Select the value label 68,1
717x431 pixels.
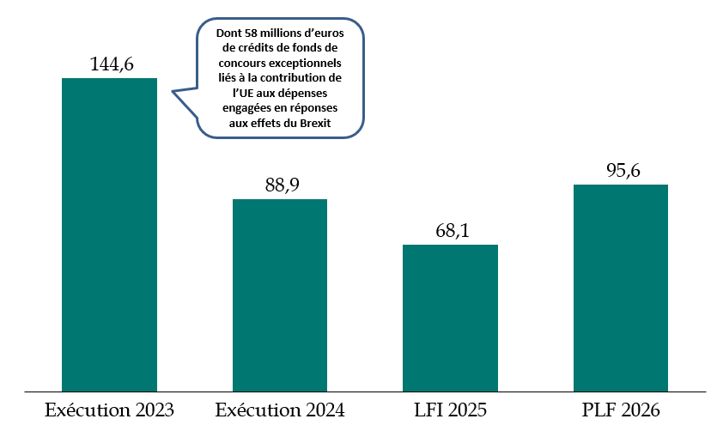point(451,230)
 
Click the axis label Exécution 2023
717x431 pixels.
point(110,410)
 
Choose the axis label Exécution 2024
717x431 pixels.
point(280,410)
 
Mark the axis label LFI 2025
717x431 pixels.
point(451,410)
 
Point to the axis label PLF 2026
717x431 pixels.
point(621,410)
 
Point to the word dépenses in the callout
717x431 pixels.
point(313,94)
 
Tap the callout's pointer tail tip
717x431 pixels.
point(173,90)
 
